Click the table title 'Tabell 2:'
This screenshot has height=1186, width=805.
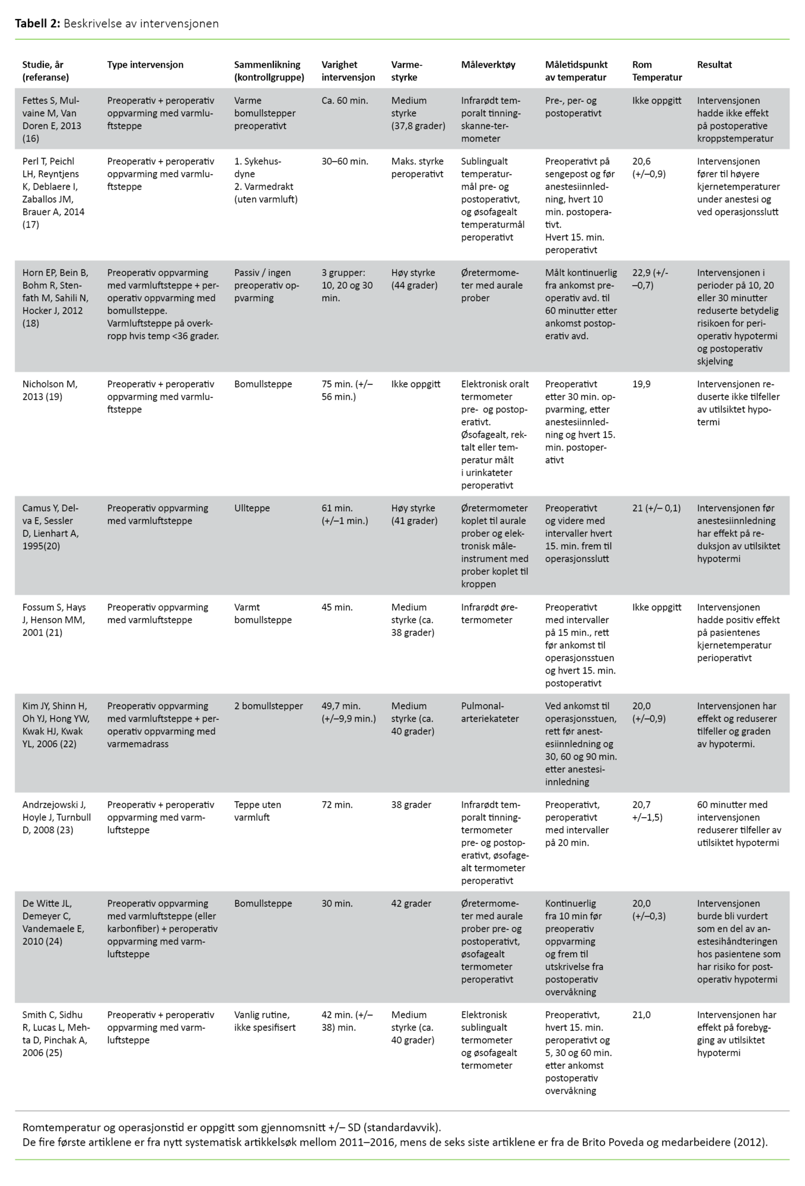(37, 24)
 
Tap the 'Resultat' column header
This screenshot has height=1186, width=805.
(714, 65)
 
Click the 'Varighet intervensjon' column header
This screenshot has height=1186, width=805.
(348, 71)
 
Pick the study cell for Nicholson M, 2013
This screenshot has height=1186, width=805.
(50, 390)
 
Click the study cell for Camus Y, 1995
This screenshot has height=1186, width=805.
(51, 527)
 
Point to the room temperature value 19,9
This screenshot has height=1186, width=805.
(641, 384)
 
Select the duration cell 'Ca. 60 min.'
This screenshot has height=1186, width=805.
(345, 101)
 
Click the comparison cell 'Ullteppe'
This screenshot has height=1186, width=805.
(252, 508)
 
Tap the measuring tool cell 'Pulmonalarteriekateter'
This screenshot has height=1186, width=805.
(489, 712)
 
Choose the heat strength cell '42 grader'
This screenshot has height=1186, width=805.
(411, 904)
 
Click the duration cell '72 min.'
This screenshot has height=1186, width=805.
(337, 805)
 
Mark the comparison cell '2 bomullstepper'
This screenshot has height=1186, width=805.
(268, 706)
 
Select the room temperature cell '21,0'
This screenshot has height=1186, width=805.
(641, 1015)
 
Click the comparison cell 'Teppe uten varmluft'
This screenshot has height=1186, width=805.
(257, 811)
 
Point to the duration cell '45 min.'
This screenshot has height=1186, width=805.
(337, 607)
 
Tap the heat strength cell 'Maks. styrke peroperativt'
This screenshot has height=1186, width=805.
(417, 167)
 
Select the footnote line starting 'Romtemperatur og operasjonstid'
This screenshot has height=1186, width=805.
(231, 1127)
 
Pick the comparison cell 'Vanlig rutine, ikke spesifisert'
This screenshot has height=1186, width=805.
(265, 1021)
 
